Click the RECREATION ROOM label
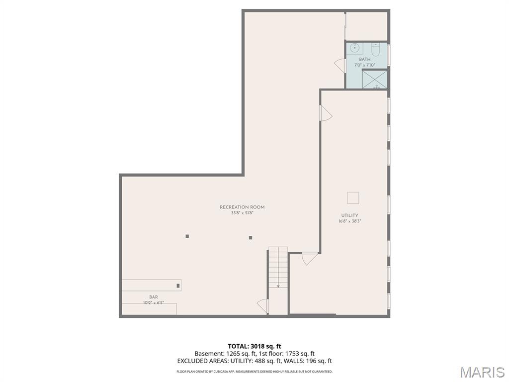click(x=242, y=207)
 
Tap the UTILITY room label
click(x=349, y=215)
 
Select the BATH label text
click(x=365, y=59)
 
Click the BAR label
click(x=154, y=297)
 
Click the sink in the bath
click(x=355, y=48)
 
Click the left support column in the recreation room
click(x=187, y=236)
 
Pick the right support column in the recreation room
click(x=251, y=238)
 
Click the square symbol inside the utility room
click(x=353, y=197)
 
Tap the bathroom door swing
click(x=340, y=65)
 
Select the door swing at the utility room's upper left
click(x=326, y=114)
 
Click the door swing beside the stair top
click(x=310, y=258)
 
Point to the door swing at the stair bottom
click(x=263, y=306)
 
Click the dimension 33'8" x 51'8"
click(x=242, y=213)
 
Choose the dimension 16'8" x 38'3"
click(x=349, y=221)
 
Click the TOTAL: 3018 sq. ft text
click(x=254, y=346)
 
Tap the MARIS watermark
click(x=482, y=372)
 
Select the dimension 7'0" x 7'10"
click(x=365, y=65)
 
